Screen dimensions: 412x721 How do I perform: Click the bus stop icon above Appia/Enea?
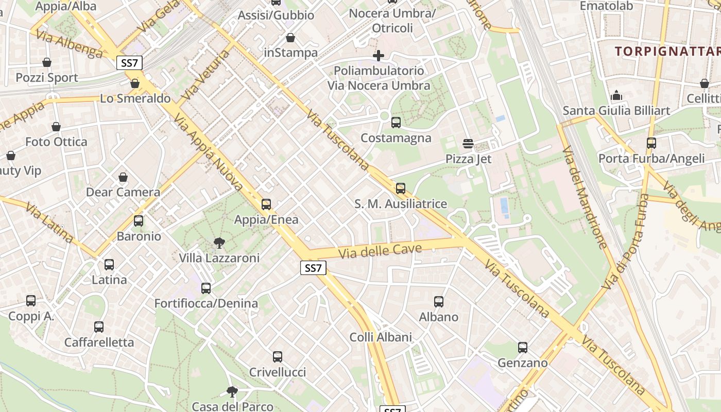pyautogui.click(x=266, y=204)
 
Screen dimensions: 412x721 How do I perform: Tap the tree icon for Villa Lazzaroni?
pyautogui.click(x=219, y=243)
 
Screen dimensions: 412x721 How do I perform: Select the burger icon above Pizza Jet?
pyautogui.click(x=468, y=144)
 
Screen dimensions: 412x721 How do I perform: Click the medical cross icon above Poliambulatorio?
pyautogui.click(x=379, y=56)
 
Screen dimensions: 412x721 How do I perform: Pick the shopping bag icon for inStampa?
pyautogui.click(x=290, y=38)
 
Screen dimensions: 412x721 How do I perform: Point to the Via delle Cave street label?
pyautogui.click(x=381, y=252)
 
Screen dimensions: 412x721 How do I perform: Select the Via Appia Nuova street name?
pyautogui.click(x=209, y=152)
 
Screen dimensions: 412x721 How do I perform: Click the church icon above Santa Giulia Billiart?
pyautogui.click(x=616, y=96)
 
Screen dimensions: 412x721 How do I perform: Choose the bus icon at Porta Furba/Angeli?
pyautogui.click(x=651, y=143)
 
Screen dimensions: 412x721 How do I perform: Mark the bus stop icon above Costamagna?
pyautogui.click(x=396, y=123)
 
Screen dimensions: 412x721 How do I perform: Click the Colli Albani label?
pyautogui.click(x=381, y=337)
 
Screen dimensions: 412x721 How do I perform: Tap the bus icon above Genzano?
pyautogui.click(x=523, y=348)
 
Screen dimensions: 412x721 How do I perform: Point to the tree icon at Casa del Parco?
pyautogui.click(x=232, y=392)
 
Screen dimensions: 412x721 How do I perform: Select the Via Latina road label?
pyautogui.click(x=49, y=224)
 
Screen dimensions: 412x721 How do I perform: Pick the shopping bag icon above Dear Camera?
pyautogui.click(x=123, y=178)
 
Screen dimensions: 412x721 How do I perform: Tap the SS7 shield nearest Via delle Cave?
pyautogui.click(x=313, y=268)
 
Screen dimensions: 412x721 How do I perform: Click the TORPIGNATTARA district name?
pyautogui.click(x=667, y=51)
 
